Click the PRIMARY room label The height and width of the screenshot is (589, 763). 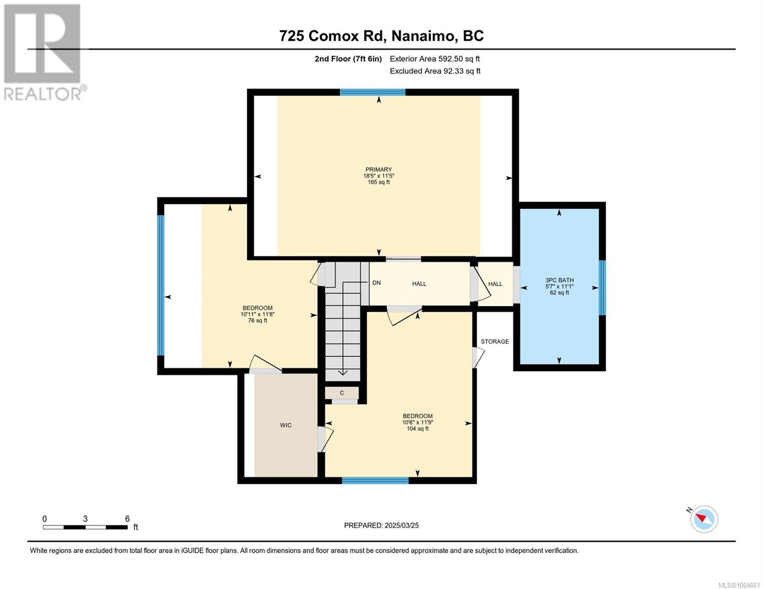point(378,169)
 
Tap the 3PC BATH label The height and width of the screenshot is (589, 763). point(559,280)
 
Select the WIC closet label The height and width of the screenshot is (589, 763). point(285,425)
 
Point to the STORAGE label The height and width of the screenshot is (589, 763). point(495,341)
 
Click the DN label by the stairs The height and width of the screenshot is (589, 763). point(376,283)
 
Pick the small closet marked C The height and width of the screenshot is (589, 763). point(341,393)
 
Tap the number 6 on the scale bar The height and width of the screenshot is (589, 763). point(127,519)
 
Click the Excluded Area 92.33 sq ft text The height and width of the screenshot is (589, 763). point(435,71)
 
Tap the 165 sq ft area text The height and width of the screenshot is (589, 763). point(378,182)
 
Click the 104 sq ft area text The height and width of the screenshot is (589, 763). point(418,428)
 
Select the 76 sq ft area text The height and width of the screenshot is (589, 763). point(257,321)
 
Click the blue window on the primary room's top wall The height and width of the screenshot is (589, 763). point(372,92)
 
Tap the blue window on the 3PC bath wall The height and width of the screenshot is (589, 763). point(602,288)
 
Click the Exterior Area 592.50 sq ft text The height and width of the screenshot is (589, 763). point(435,59)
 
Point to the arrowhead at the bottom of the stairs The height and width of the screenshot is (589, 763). point(343,373)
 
